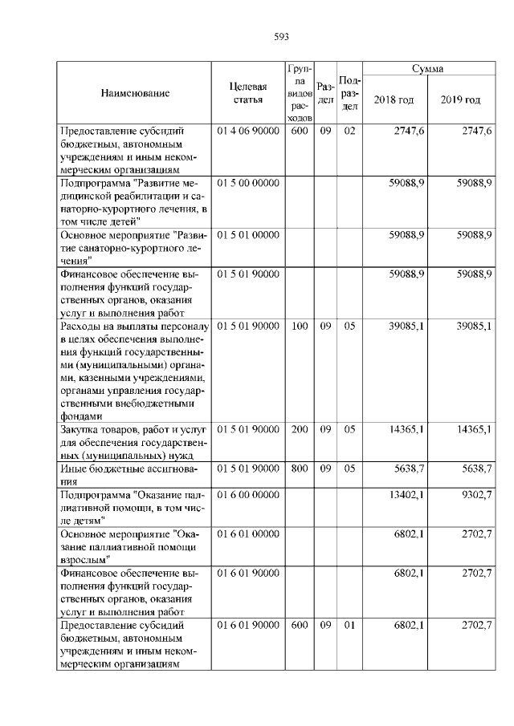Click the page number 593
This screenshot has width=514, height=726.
281,36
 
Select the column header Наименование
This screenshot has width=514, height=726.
135,93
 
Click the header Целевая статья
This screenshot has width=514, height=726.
247,93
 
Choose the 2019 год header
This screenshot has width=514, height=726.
461,100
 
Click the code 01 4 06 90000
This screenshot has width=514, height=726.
247,130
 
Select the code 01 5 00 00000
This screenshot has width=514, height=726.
247,184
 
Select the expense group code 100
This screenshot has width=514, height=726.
300,326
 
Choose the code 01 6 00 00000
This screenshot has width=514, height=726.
247,495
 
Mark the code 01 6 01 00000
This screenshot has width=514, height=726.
247,533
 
